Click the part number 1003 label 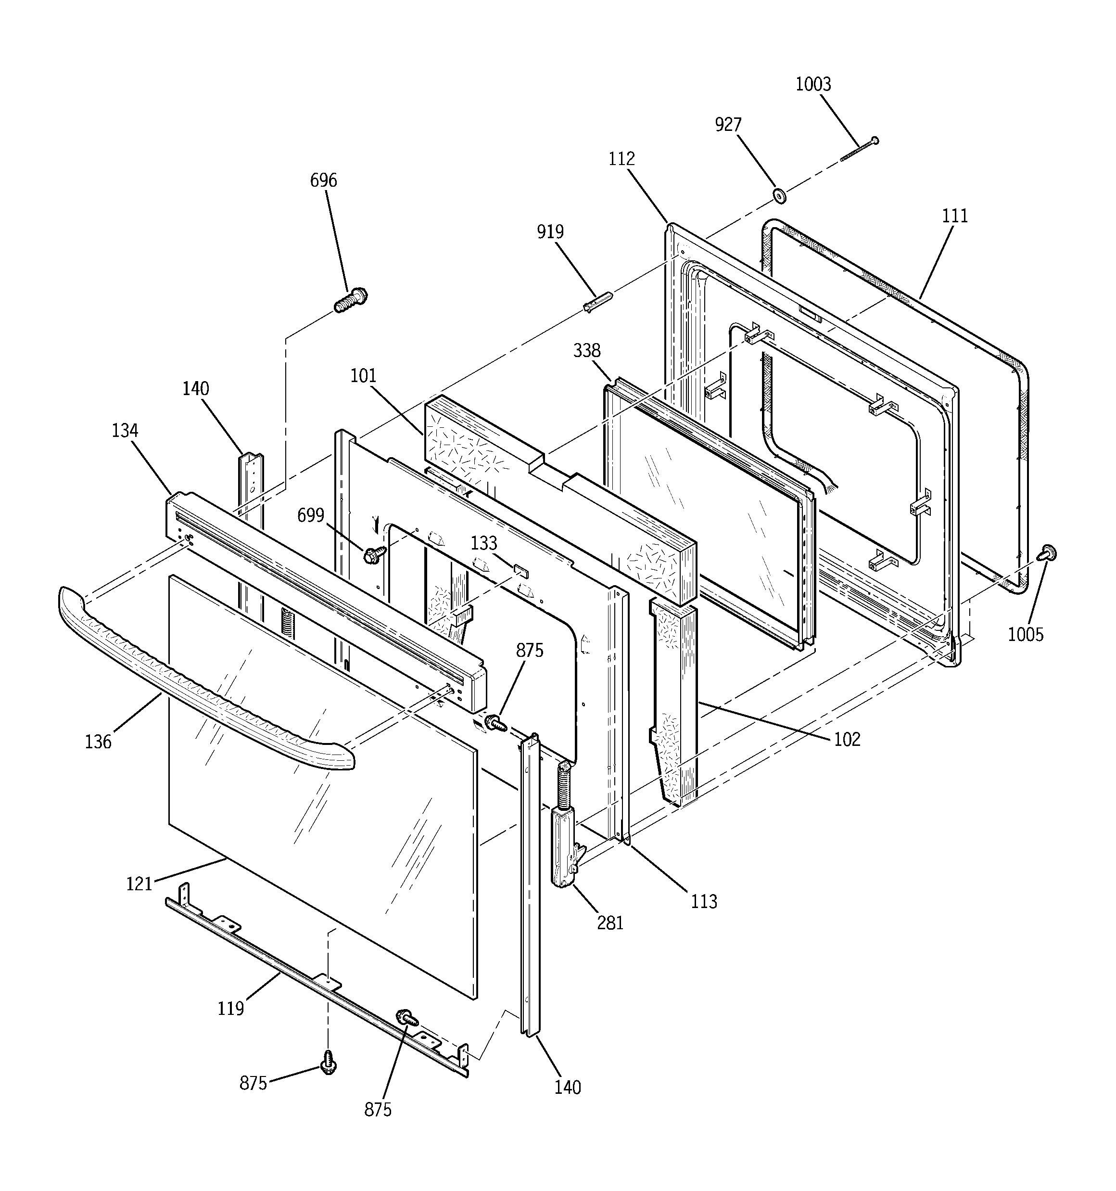coord(813,85)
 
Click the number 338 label coord(586,350)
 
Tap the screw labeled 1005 coord(1048,553)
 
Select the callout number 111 coord(955,216)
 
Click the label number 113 coord(703,901)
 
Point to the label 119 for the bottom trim coord(230,1009)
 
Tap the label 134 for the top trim coord(125,430)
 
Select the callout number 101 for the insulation coord(363,376)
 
